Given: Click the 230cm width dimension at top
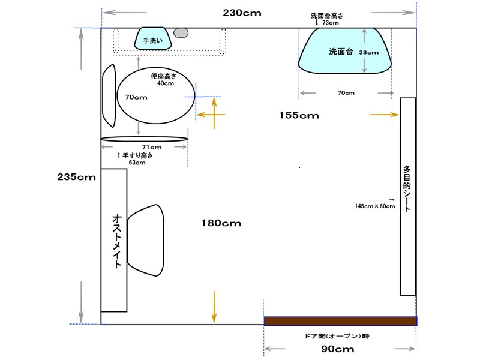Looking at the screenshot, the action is (242, 13).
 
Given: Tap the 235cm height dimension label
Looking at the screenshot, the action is (76, 177).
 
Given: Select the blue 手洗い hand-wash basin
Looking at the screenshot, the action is (153, 38).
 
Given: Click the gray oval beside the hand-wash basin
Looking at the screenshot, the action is (181, 33).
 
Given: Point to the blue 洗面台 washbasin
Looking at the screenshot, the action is (344, 51).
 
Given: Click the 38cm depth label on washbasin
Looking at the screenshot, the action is (368, 52).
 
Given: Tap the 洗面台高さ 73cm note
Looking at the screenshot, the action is (326, 19).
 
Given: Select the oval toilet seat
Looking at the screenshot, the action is (156, 95).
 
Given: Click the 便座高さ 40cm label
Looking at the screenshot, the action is (163, 80).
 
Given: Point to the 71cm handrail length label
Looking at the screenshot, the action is (152, 147).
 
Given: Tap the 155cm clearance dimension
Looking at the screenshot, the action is (299, 115).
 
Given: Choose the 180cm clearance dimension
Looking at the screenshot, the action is (221, 223).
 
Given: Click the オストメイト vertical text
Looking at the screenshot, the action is (117, 241).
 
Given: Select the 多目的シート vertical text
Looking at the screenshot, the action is (407, 189).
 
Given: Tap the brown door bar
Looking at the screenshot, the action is (340, 321).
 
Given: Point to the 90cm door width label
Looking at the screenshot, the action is (338, 349).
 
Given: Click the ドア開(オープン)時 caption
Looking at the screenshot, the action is (337, 336).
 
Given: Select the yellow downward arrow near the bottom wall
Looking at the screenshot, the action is (214, 307).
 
